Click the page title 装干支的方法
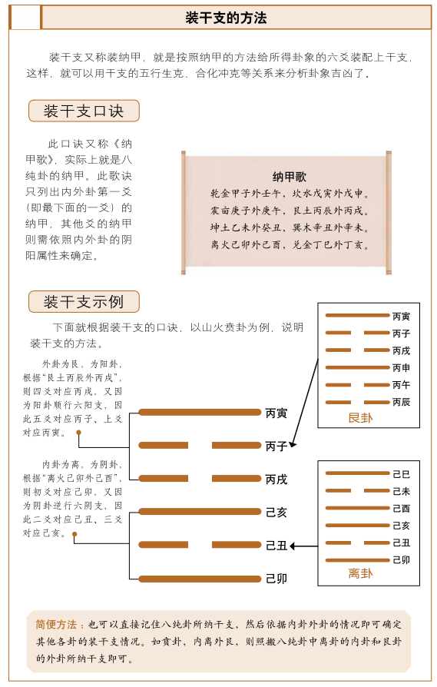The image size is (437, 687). click(x=227, y=17)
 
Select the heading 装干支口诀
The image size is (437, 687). click(x=84, y=111)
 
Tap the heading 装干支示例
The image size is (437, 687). click(x=84, y=301)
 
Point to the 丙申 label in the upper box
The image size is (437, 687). click(x=402, y=367)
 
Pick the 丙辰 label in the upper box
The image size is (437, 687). click(x=402, y=402)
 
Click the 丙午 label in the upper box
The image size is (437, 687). click(x=402, y=385)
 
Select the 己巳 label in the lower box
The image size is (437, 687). click(x=402, y=474)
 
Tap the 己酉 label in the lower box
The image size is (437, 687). click(x=402, y=509)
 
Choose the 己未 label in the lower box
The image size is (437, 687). click(x=402, y=491)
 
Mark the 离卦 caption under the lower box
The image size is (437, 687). click(x=359, y=574)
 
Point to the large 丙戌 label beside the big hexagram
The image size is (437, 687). click(x=276, y=479)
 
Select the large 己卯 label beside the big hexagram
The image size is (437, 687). click(x=276, y=579)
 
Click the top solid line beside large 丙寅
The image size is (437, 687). click(x=200, y=413)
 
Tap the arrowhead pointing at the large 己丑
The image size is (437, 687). click(x=294, y=546)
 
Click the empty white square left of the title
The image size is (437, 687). click(x=26, y=17)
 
